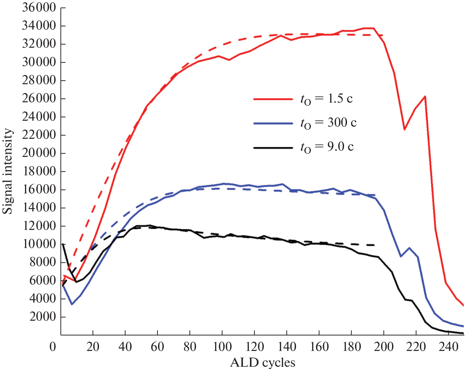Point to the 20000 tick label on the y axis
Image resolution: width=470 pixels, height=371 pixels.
39,153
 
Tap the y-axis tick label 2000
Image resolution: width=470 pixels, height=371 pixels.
43,317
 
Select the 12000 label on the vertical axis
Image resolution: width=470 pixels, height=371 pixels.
39,226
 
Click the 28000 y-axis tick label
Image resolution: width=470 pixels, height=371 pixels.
39,80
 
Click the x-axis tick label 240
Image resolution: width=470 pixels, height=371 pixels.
448,347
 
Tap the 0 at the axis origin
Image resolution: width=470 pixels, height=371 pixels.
53,347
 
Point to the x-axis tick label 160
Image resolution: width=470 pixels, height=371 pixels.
319,347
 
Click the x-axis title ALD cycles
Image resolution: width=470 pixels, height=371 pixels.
262,362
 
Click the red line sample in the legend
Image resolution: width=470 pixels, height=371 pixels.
273,99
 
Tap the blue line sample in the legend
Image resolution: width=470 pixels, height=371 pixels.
273,123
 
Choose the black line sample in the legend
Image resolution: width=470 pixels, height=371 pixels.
273,148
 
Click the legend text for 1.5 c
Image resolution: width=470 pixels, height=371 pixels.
326,99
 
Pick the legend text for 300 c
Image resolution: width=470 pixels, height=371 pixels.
328,123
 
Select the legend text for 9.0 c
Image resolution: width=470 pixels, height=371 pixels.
327,147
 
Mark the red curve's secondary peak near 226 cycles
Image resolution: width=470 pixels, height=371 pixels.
425,96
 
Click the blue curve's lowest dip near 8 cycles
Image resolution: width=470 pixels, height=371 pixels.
72,304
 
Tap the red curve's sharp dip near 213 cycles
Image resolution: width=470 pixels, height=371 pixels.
405,130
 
